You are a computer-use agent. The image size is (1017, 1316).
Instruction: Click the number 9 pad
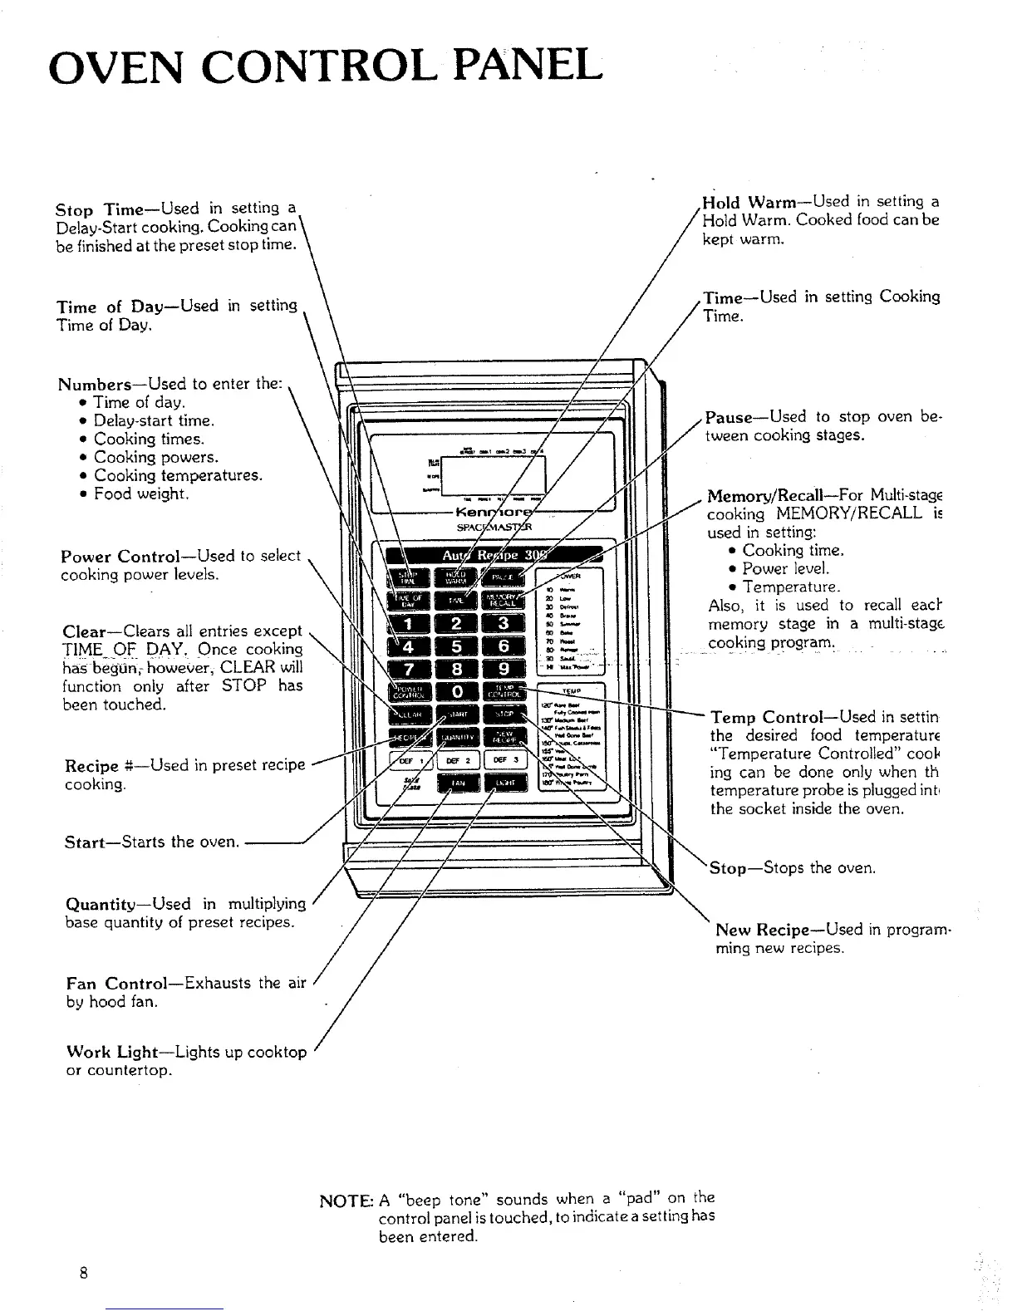point(504,669)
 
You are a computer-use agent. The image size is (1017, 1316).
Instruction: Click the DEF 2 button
point(457,760)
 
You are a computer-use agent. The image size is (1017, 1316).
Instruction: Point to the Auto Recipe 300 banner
point(490,554)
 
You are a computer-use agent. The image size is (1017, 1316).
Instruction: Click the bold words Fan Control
point(121,984)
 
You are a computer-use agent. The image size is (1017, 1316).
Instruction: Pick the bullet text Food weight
point(141,494)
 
